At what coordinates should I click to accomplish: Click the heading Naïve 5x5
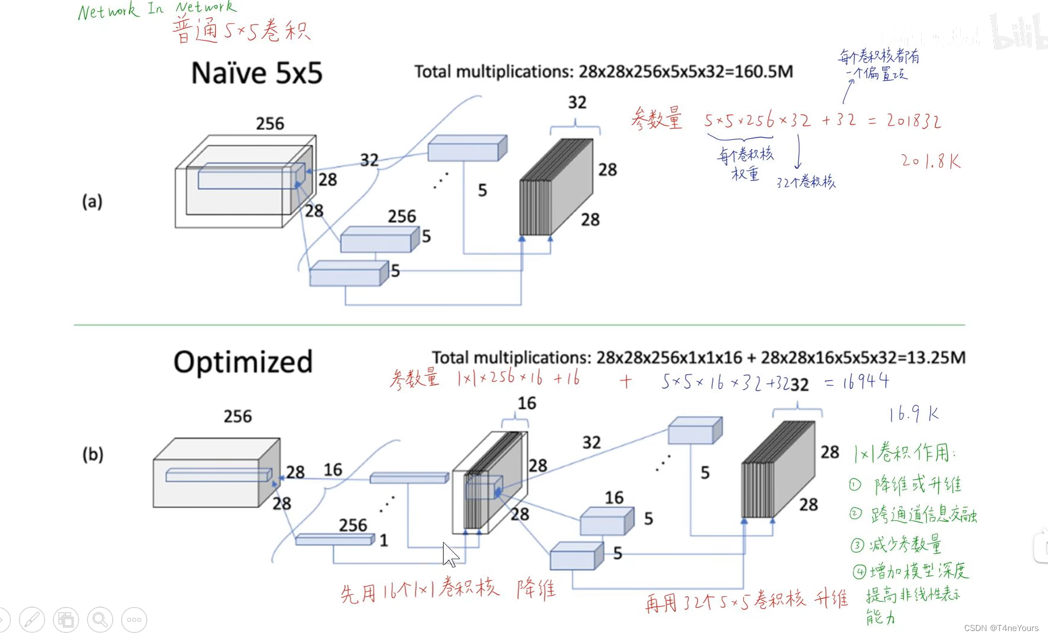pos(256,74)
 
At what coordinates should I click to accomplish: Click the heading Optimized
pos(243,362)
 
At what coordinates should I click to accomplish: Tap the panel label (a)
pos(92,202)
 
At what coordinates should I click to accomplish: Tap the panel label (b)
pos(93,455)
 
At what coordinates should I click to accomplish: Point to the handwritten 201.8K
pos(930,161)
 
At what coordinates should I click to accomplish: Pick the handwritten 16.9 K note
pos(913,414)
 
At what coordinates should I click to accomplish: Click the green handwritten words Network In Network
pos(157,10)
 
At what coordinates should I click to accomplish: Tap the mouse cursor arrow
pos(450,554)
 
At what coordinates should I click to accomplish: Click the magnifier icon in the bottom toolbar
pos(100,620)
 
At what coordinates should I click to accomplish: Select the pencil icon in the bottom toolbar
pos(32,620)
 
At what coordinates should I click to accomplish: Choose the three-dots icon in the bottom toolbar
pos(134,620)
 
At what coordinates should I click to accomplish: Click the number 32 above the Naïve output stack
pos(577,103)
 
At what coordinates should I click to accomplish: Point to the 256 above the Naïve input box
pos(270,124)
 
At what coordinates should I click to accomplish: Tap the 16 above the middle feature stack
pos(527,404)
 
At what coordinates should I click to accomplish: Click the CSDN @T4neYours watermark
pos(1001,628)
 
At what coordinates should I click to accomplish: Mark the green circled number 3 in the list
pos(857,545)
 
